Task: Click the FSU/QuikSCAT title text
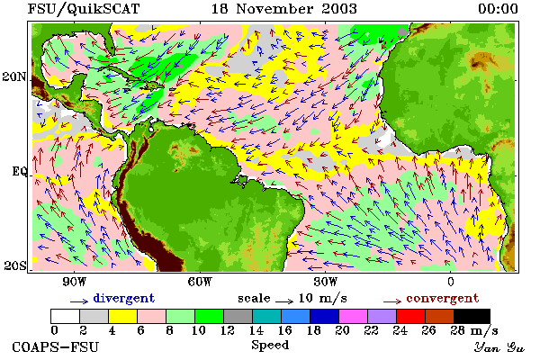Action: pyautogui.click(x=84, y=9)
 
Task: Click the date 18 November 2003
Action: pyautogui.click(x=284, y=9)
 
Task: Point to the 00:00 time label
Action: pyautogui.click(x=498, y=9)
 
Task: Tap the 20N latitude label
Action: pyautogui.click(x=14, y=76)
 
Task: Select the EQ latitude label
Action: pyautogui.click(x=19, y=171)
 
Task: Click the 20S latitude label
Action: pyautogui.click(x=15, y=265)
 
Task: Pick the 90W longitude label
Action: pyautogui.click(x=75, y=282)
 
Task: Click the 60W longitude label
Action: pyautogui.click(x=200, y=282)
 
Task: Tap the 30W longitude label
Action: pyautogui.click(x=326, y=282)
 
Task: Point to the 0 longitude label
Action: pyautogui.click(x=451, y=282)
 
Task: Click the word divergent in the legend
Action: pyautogui.click(x=124, y=298)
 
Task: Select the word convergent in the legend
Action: pyautogui.click(x=443, y=298)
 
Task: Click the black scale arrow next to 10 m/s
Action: pyautogui.click(x=284, y=301)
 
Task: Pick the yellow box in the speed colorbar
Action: pyautogui.click(x=122, y=316)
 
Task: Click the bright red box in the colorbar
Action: pyautogui.click(x=410, y=316)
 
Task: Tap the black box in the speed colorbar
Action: pyautogui.click(x=472, y=316)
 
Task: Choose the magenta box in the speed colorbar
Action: pyautogui.click(x=353, y=316)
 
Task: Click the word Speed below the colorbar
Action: pyautogui.click(x=270, y=345)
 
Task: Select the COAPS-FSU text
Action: pyautogui.click(x=56, y=346)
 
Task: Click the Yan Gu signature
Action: pyautogui.click(x=499, y=347)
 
